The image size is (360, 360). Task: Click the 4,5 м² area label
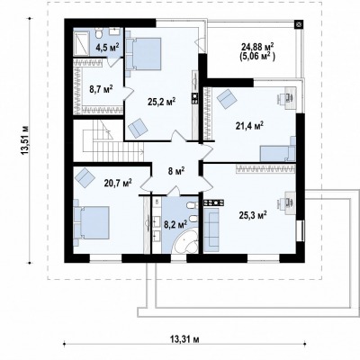pyautogui.click(x=108, y=47)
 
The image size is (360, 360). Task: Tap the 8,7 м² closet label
pyautogui.click(x=101, y=89)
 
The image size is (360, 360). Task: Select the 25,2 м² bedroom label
pyautogui.click(x=161, y=102)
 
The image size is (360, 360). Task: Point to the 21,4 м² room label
pyautogui.click(x=249, y=126)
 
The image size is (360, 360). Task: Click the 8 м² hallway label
pyautogui.click(x=175, y=171)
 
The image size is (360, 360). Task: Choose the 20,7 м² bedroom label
pyautogui.click(x=118, y=183)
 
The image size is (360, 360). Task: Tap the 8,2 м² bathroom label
pyautogui.click(x=176, y=224)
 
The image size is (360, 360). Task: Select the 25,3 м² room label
pyautogui.click(x=253, y=215)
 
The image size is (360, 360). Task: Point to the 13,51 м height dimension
pyautogui.click(x=25, y=140)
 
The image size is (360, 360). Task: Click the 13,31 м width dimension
pyautogui.click(x=184, y=339)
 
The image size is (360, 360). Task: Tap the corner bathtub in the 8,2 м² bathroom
pyautogui.click(x=185, y=241)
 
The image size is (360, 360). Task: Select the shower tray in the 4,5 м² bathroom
pyautogui.click(x=82, y=43)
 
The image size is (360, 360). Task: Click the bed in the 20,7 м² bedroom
pyautogui.click(x=92, y=222)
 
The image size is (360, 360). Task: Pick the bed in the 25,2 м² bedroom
pyautogui.click(x=143, y=54)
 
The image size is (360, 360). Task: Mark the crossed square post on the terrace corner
pyautogui.click(x=299, y=24)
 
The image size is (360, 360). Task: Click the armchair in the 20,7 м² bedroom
pyautogui.click(x=85, y=176)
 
